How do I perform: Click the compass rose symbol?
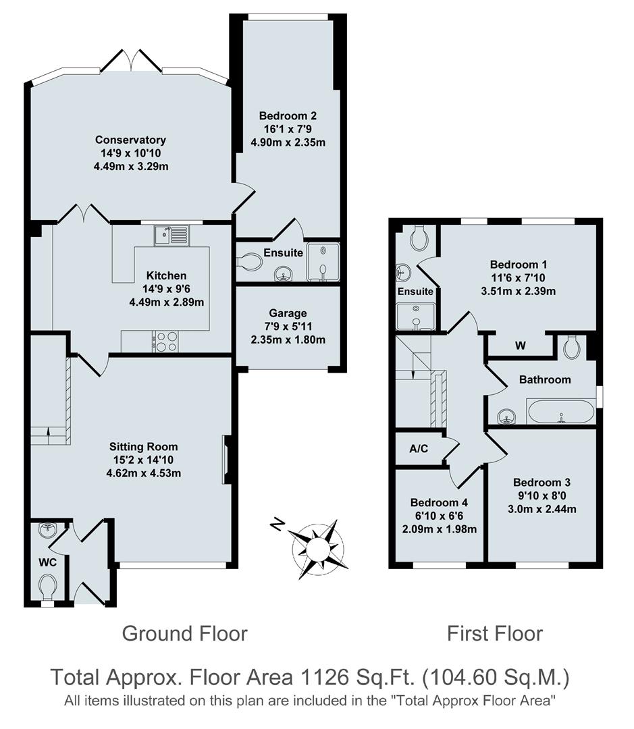click(315, 549)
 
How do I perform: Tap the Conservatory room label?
click(130, 140)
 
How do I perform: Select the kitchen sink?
click(171, 236)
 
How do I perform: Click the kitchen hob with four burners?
click(166, 342)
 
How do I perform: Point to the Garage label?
click(288, 313)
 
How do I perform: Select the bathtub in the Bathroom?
click(560, 411)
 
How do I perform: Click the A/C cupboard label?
click(419, 448)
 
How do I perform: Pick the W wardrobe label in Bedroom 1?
click(520, 346)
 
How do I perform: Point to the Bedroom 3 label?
click(541, 482)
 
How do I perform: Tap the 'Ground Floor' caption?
click(184, 634)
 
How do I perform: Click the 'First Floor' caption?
click(494, 634)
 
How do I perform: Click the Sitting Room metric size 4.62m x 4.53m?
click(144, 473)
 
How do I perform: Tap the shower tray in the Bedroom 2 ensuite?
click(323, 261)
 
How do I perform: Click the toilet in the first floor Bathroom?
click(573, 347)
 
